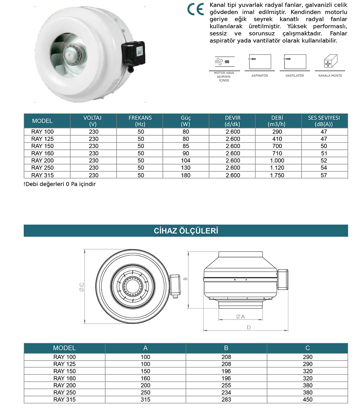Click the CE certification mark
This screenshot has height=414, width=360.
(x=196, y=9)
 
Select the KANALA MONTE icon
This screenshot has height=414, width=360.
(x=330, y=63)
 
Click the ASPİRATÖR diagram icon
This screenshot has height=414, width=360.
(x=260, y=62)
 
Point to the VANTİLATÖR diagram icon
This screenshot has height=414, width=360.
(x=295, y=62)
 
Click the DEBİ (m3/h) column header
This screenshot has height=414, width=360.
(x=277, y=121)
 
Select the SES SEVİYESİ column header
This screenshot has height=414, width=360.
(x=324, y=121)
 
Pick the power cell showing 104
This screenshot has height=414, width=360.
(x=185, y=160)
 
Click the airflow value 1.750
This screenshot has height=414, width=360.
(x=277, y=175)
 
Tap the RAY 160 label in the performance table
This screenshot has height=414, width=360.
(x=43, y=153)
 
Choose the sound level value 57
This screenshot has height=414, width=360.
(x=324, y=175)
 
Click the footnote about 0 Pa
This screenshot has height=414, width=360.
(x=60, y=184)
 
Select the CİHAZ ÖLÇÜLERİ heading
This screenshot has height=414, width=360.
(x=186, y=231)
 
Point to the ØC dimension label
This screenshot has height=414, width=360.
(x=82, y=287)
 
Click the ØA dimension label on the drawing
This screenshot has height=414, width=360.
(x=240, y=317)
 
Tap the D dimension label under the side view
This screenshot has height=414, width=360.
(x=249, y=327)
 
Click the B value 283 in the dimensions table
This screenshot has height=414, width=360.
(x=226, y=400)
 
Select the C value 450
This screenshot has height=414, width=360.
(x=308, y=400)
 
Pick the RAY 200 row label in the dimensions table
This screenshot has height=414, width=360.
(x=64, y=385)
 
